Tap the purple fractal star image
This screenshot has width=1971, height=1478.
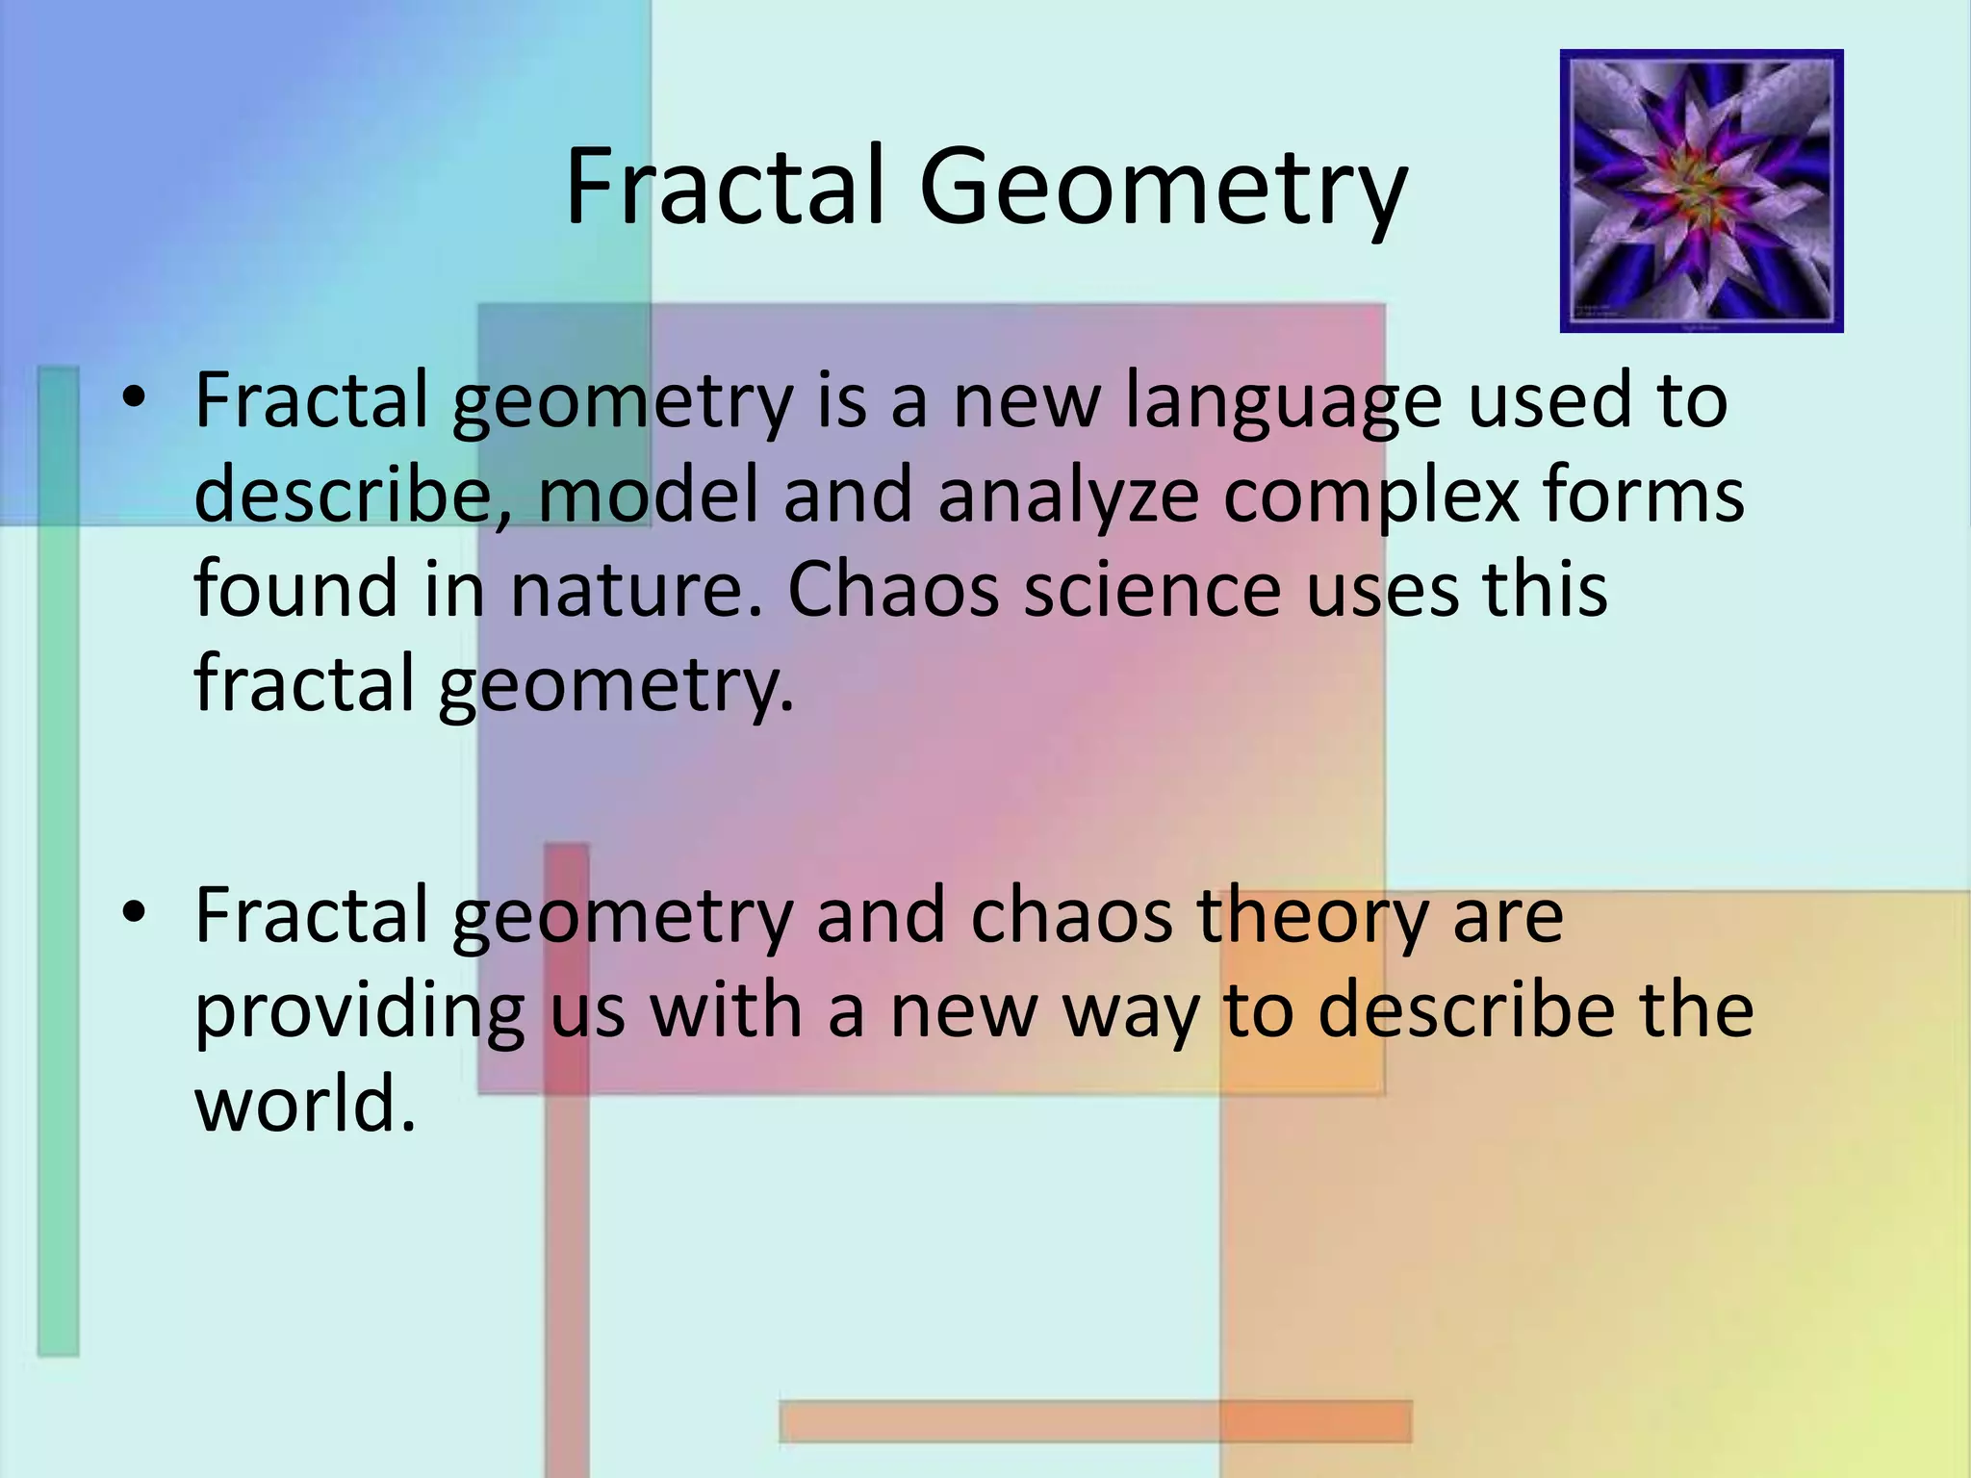[x=1701, y=191]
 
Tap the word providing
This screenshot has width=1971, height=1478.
[x=360, y=1013]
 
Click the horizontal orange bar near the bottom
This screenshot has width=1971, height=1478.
[x=1095, y=1420]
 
